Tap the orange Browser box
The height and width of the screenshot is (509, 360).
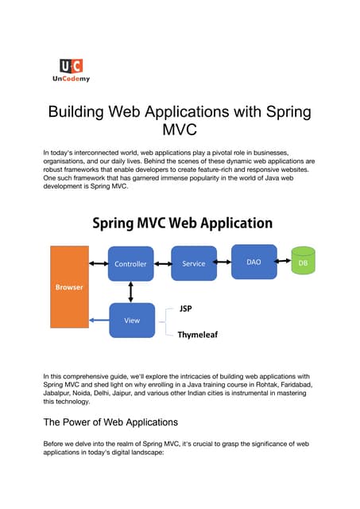[69, 287]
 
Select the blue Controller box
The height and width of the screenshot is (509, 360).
[131, 263]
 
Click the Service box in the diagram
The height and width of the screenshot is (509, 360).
[194, 263]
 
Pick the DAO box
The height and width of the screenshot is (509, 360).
[254, 261]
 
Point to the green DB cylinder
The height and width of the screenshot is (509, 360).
[303, 262]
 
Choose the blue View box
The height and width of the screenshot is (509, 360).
[131, 320]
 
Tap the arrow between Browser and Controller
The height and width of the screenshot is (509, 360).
[99, 263]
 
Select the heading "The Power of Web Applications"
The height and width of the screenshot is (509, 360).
[111, 422]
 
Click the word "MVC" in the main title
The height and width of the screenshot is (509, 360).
[180, 129]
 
